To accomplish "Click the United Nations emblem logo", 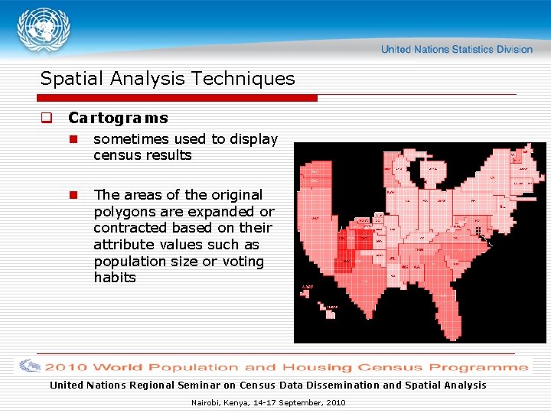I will [x=44, y=31].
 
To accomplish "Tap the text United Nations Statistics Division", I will [x=456, y=49].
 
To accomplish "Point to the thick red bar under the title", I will [x=178, y=98].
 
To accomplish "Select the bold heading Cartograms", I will [x=118, y=119].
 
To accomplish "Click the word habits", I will [x=115, y=278].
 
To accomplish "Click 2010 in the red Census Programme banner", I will [x=67, y=367].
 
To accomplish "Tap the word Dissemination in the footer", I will [x=347, y=385].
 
